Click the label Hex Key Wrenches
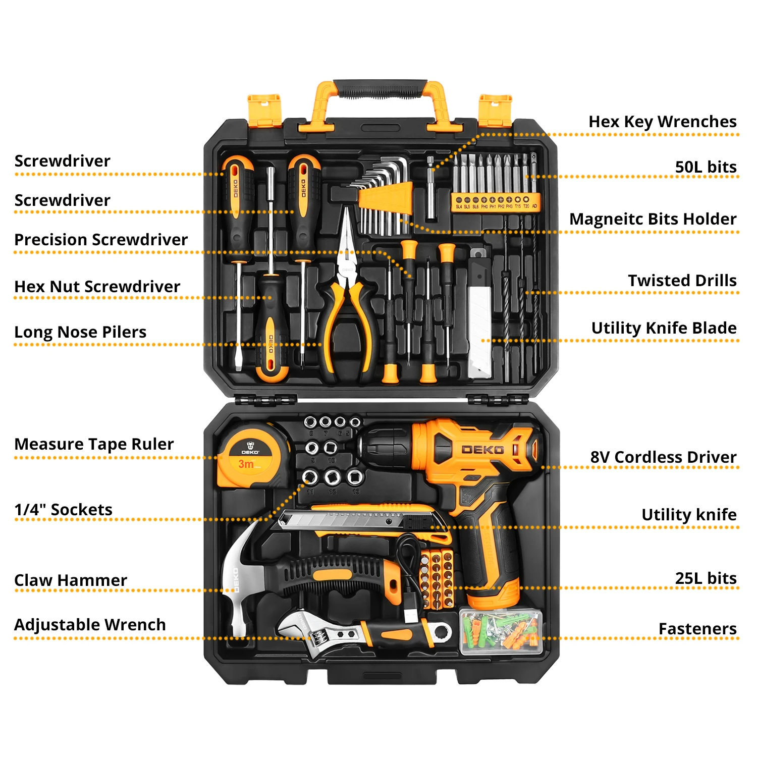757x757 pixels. point(662,122)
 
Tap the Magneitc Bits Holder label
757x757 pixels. point(653,219)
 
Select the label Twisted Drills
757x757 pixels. point(682,281)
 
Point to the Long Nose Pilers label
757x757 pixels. point(80,332)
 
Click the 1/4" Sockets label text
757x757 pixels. point(64,510)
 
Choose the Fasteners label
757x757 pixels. point(697,629)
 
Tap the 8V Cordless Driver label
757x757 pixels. point(663,457)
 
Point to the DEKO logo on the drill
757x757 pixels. point(482,449)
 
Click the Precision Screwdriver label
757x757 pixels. point(101,240)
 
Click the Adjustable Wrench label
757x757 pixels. point(90,625)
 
